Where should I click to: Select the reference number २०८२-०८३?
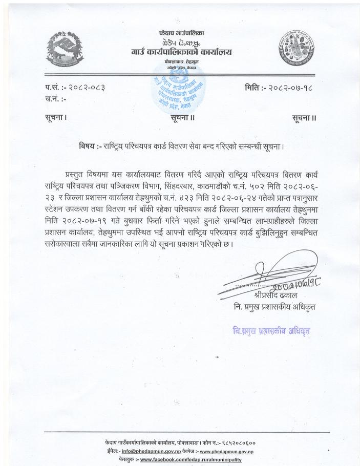click(x=90, y=89)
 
